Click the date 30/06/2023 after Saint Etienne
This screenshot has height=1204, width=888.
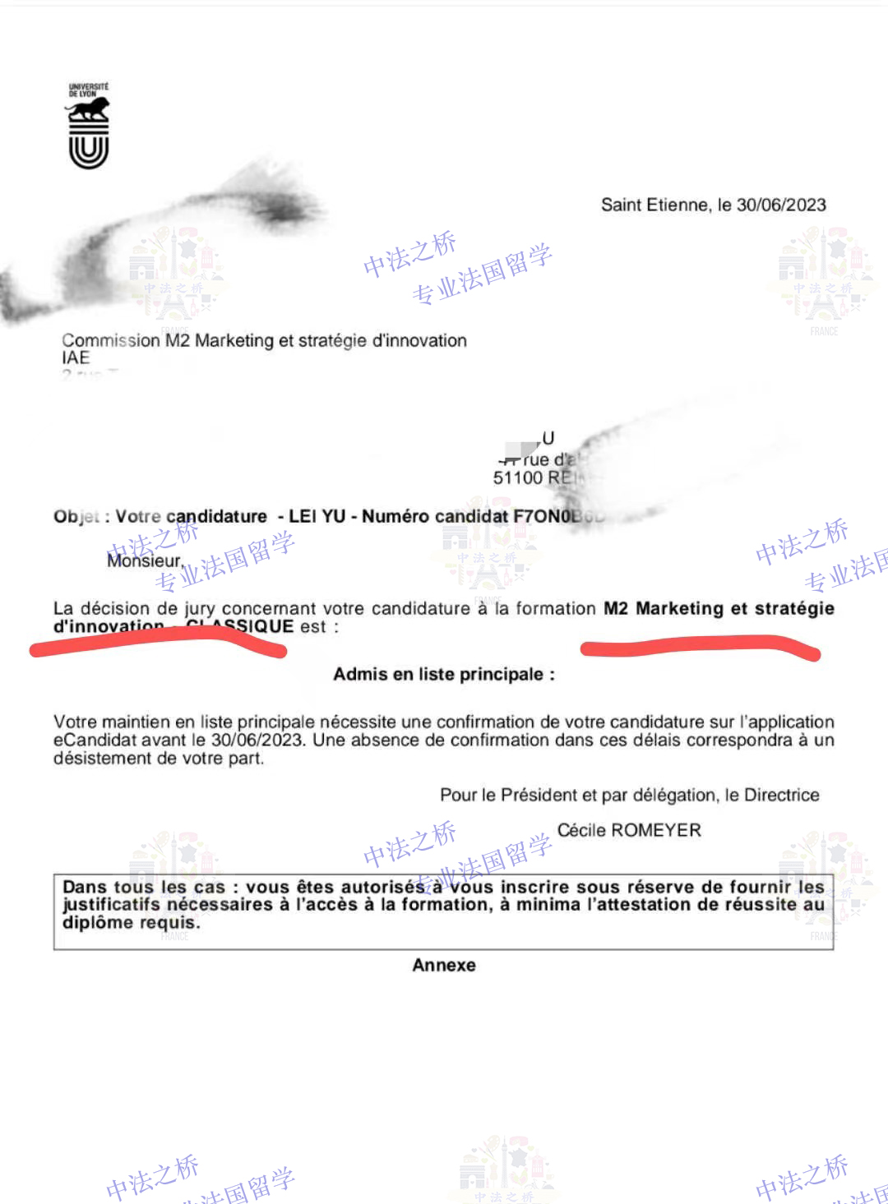[x=781, y=205]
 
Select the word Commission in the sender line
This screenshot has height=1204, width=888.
[x=111, y=340]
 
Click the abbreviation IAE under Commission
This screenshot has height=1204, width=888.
[x=76, y=358]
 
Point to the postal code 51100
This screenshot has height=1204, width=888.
[x=518, y=478]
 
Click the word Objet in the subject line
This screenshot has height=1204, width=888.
[x=76, y=517]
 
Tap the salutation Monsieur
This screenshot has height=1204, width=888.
[x=145, y=560]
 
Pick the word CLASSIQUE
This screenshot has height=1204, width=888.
[x=240, y=627]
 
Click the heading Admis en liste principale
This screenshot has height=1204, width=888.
[x=444, y=675]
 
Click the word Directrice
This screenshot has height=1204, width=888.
[x=781, y=795]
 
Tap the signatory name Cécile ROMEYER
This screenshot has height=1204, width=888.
[x=629, y=831]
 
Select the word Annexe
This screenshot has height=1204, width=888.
[x=444, y=966]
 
